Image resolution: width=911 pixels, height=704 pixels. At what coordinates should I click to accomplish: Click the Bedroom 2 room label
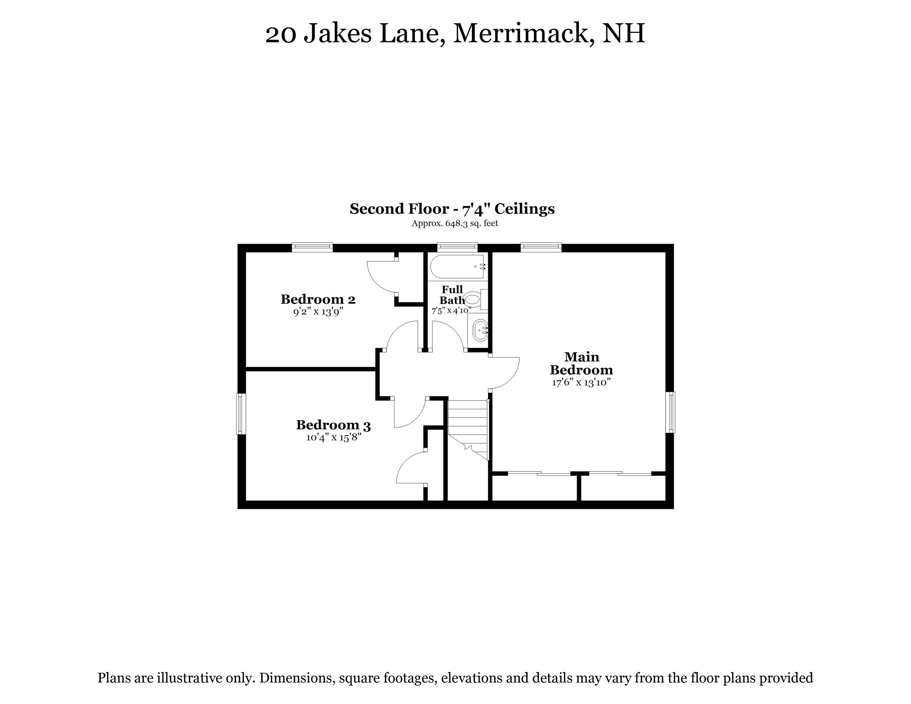click(x=318, y=299)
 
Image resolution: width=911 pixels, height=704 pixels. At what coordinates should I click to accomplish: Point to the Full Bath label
click(x=452, y=295)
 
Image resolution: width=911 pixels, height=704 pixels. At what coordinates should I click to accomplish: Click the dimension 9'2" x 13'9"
click(x=318, y=312)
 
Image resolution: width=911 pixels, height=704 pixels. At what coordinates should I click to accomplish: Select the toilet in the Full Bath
click(x=475, y=299)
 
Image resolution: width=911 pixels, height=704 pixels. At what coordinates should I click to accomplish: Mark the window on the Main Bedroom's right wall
click(x=670, y=412)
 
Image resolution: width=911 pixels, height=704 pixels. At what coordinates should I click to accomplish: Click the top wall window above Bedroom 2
click(x=312, y=247)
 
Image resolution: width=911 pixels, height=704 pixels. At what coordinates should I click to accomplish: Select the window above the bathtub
click(x=457, y=247)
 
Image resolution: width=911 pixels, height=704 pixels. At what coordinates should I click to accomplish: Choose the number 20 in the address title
click(x=281, y=34)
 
